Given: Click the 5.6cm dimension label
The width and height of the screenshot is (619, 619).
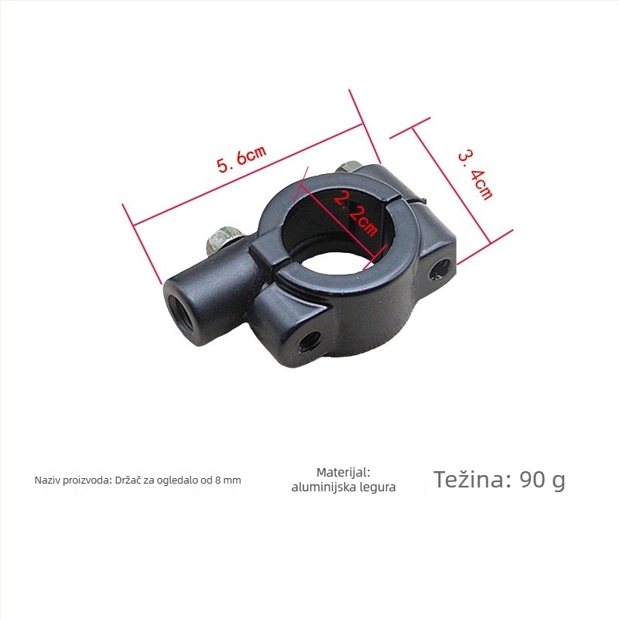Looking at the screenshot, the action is pyautogui.click(x=242, y=159).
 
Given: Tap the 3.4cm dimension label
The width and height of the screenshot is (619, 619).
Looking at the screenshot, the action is pyautogui.click(x=475, y=175).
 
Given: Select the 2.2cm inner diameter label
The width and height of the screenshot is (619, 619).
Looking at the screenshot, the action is pyautogui.click(x=355, y=214).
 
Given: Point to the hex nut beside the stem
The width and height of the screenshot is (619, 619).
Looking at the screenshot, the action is pyautogui.click(x=223, y=239).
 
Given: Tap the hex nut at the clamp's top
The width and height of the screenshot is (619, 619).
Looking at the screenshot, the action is pyautogui.click(x=349, y=167).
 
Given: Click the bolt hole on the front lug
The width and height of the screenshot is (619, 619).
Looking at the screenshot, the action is pyautogui.click(x=309, y=340).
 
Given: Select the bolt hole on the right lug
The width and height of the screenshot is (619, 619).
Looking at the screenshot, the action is pyautogui.click(x=439, y=268).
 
